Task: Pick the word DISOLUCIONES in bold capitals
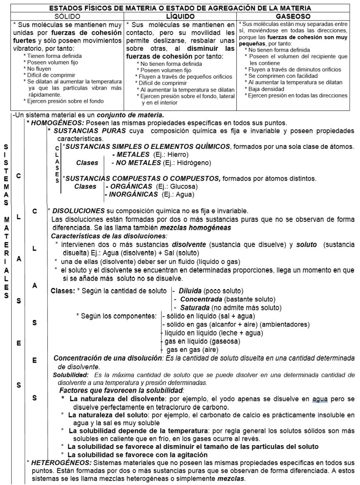(78, 210)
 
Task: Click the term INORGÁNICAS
(134, 194)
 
